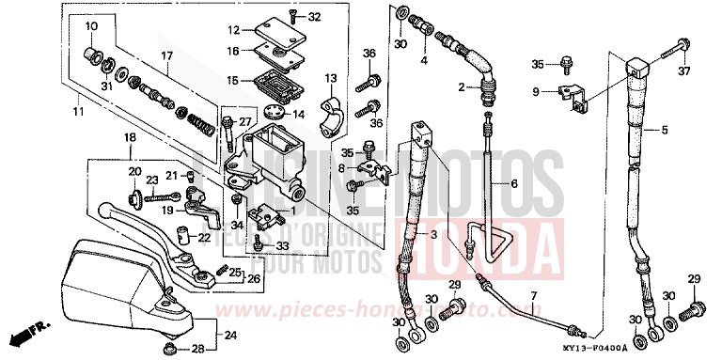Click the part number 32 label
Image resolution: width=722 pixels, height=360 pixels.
click(314, 16)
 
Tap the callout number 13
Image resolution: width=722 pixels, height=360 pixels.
click(331, 77)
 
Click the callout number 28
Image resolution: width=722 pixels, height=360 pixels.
click(196, 350)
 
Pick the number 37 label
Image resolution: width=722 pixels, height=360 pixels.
click(683, 71)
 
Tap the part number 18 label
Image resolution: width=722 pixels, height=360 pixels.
click(130, 138)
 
